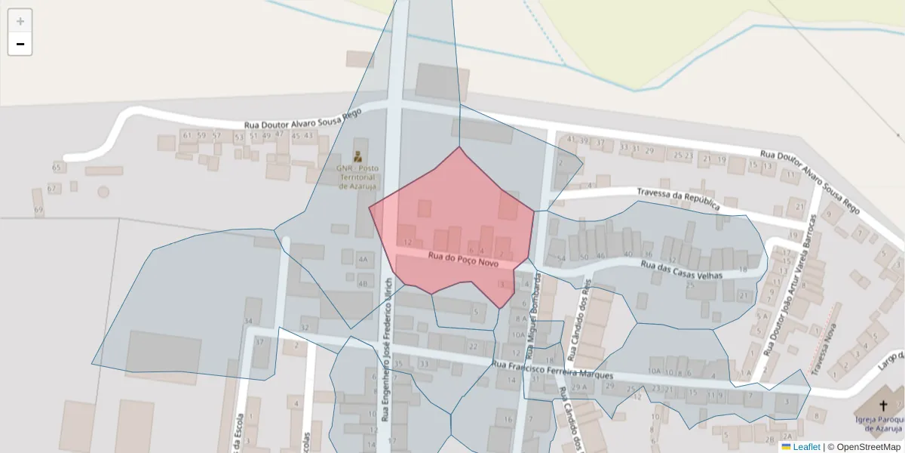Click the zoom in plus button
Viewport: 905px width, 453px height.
click(20, 21)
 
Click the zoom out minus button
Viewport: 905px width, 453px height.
click(20, 44)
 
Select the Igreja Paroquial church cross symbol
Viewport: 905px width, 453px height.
click(884, 405)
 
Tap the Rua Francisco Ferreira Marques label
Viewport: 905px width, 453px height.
click(552, 370)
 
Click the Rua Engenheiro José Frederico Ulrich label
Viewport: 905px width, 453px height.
click(386, 349)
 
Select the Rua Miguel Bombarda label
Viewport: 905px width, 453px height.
click(534, 316)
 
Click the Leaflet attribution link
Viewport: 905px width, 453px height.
click(805, 447)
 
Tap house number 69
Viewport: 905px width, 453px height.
click(38, 209)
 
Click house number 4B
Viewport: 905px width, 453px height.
click(364, 284)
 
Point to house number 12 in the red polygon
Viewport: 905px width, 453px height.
click(408, 242)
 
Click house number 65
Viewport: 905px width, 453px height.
click(57, 167)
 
